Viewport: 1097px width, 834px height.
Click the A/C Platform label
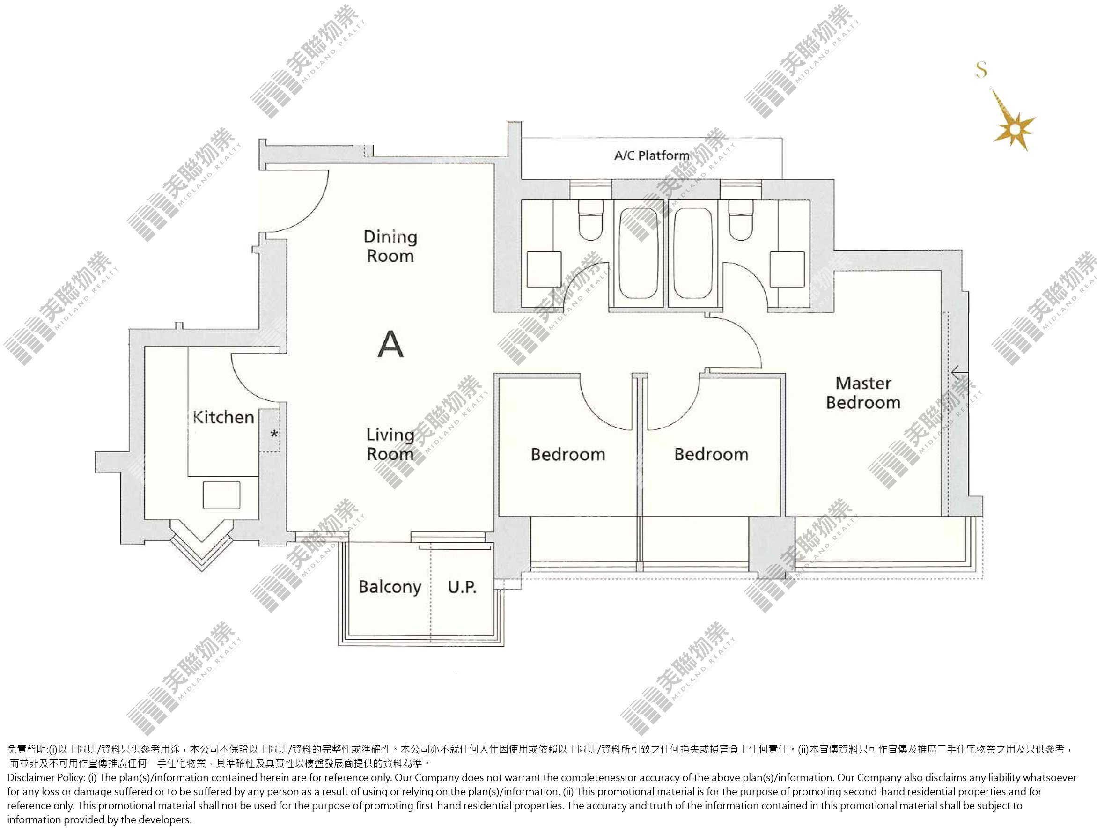[x=652, y=155]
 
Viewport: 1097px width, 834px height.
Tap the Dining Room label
[x=390, y=246]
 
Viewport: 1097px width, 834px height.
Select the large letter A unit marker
[x=390, y=344]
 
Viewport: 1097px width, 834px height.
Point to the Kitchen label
[x=223, y=417]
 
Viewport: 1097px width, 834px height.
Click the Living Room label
[x=390, y=444]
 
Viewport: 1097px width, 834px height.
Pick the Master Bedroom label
[x=863, y=393]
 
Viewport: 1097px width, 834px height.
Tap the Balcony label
[x=390, y=587]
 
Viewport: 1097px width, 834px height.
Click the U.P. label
[x=462, y=587]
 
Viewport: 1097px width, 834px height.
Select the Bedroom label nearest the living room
[x=568, y=454]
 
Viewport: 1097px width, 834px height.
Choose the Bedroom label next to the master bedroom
[x=711, y=454]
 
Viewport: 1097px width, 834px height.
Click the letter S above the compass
[x=981, y=69]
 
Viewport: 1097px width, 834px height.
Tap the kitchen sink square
[x=221, y=494]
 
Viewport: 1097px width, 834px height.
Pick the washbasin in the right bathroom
[x=787, y=270]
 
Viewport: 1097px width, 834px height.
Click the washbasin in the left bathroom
[x=544, y=270]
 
